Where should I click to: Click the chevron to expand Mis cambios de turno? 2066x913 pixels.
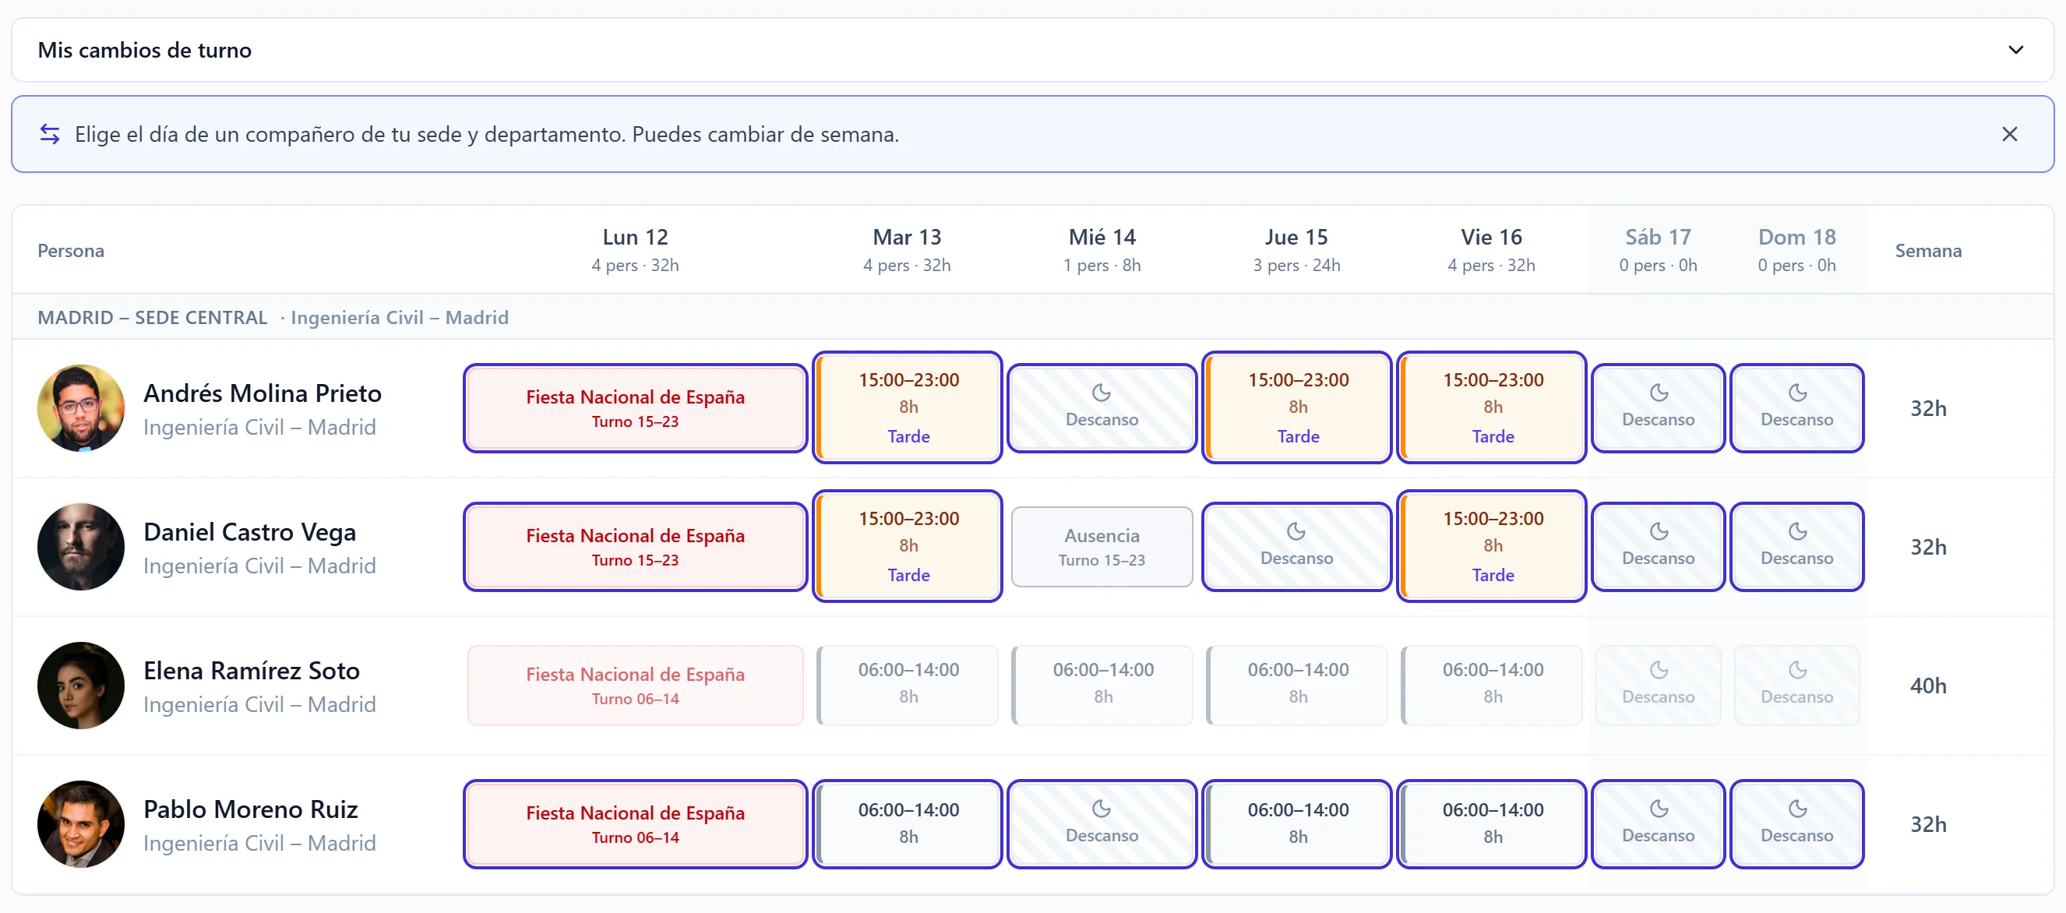pos(2015,50)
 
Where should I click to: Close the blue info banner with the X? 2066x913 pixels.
pos(2009,134)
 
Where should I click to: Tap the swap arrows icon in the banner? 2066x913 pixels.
pos(50,134)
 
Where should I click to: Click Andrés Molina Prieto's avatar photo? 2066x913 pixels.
pos(81,408)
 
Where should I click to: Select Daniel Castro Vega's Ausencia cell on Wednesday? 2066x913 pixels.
pos(1102,547)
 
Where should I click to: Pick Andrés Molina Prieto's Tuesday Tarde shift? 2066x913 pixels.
pos(908,407)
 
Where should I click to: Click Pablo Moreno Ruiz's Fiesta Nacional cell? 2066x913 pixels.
pos(635,824)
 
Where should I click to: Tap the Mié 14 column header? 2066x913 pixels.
pos(1102,249)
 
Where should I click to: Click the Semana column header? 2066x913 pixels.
pos(1928,251)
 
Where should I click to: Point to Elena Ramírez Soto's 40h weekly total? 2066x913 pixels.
pos(1928,686)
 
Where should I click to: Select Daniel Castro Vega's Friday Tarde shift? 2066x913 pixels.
pos(1492,546)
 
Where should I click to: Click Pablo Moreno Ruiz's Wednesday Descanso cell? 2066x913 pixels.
pos(1102,824)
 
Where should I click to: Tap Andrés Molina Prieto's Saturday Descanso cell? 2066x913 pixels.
pos(1658,408)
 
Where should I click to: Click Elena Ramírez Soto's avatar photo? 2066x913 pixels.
pos(81,686)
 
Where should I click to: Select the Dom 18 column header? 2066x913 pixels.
pos(1796,249)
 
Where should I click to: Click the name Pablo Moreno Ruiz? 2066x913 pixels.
pos(251,809)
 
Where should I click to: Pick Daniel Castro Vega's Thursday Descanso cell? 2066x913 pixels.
pos(1297,547)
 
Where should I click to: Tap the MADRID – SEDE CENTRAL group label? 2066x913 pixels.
pos(153,318)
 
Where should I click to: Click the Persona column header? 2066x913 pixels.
pos(71,251)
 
